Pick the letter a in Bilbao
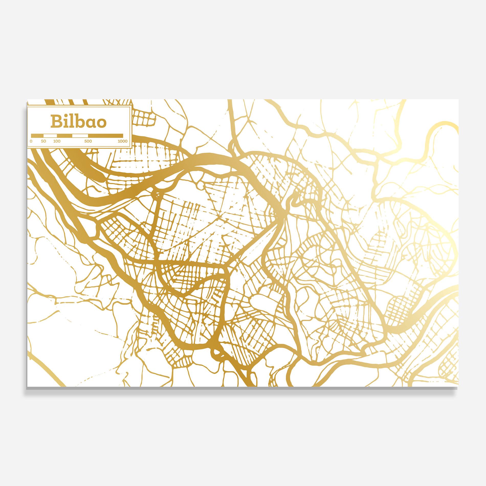pyautogui.click(x=88, y=123)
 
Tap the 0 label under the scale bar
pyautogui.click(x=31, y=141)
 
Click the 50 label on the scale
pyautogui.click(x=43, y=141)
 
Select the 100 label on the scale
pyautogui.click(x=57, y=141)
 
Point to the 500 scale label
pyautogui.click(x=88, y=141)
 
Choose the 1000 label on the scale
pyautogui.click(x=123, y=141)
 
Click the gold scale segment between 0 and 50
pyautogui.click(x=37, y=136)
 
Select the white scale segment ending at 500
pyautogui.click(x=80, y=136)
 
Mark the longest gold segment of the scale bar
pyautogui.click(x=105, y=136)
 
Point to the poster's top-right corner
pyautogui.click(x=458, y=100)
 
